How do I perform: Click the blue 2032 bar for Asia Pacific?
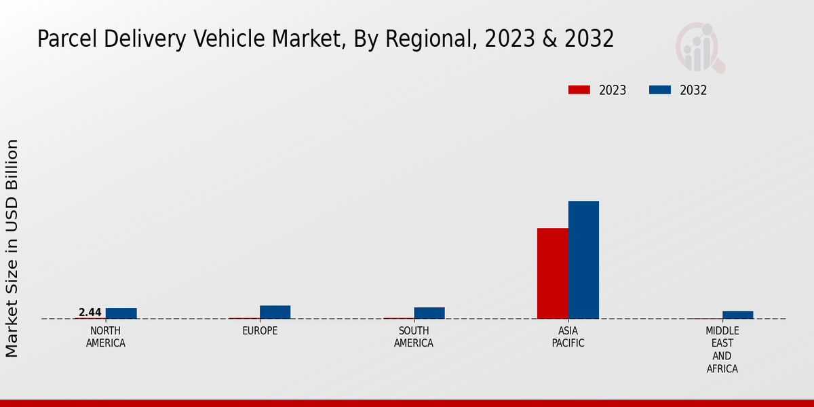pos(583,260)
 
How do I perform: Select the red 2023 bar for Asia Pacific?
pos(552,273)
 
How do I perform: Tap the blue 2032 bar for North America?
pos(121,313)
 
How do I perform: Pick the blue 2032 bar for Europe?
pos(275,312)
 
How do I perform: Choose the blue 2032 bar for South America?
pos(429,313)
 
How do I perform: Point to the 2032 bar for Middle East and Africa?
pos(737,315)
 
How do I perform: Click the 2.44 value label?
pos(90,313)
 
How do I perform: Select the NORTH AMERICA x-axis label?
pos(105,337)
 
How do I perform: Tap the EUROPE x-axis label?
pos(260,331)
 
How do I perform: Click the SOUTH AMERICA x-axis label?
pos(414,337)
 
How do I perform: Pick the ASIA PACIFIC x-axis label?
pos(568,337)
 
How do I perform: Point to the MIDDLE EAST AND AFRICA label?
pos(722,350)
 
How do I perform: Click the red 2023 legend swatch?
pos(579,90)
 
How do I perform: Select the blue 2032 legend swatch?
pos(660,90)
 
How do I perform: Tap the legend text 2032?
pos(693,90)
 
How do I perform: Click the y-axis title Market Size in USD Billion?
pos(12,248)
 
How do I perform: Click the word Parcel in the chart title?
pos(63,39)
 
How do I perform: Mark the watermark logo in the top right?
pos(700,47)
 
